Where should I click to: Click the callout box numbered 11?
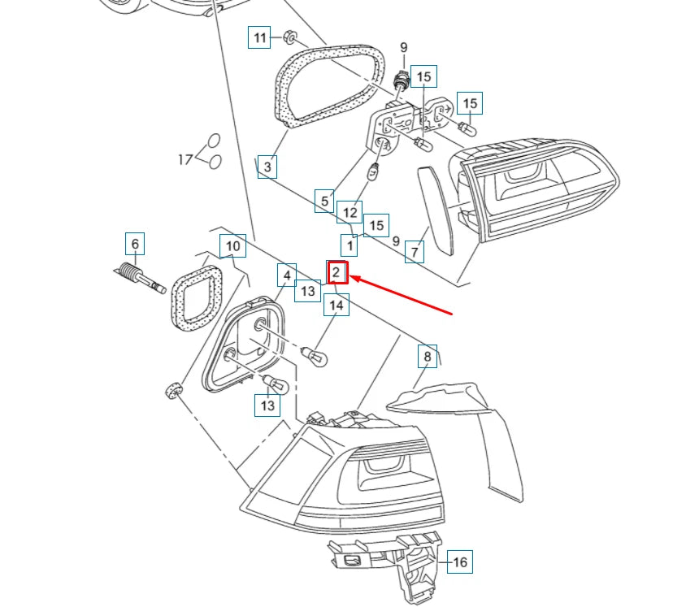point(259,37)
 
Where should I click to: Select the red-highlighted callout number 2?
point(336,273)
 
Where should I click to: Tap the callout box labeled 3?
point(267,167)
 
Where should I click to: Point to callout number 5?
point(325,201)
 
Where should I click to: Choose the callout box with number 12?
point(350,213)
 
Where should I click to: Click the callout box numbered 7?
point(415,252)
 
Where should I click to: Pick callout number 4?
point(286,275)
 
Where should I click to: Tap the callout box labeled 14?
point(336,306)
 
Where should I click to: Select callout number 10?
point(232,245)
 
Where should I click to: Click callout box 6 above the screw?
point(136,244)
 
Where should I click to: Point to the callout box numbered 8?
point(427,356)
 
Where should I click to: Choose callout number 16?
point(459,561)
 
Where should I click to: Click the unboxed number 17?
point(185,159)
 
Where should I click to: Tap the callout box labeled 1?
point(350,244)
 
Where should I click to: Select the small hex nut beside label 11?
point(290,37)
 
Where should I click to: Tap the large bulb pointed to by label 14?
point(315,355)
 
